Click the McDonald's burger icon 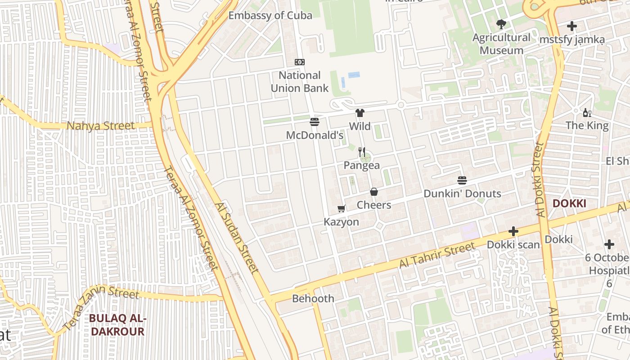pyautogui.click(x=315, y=122)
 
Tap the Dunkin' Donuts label pyautogui.click(x=462, y=194)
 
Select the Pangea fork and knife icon pyautogui.click(x=362, y=152)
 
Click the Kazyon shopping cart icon pyautogui.click(x=342, y=208)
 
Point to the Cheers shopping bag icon pyautogui.click(x=373, y=192)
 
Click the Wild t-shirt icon pyautogui.click(x=360, y=113)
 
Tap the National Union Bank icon pyautogui.click(x=299, y=62)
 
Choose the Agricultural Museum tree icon pyautogui.click(x=501, y=24)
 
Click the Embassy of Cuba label pyautogui.click(x=270, y=15)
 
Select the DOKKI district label pyautogui.click(x=569, y=203)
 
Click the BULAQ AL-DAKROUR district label pyautogui.click(x=117, y=325)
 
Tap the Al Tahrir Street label pyautogui.click(x=437, y=255)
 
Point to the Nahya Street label pyautogui.click(x=100, y=126)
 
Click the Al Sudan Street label pyautogui.click(x=237, y=238)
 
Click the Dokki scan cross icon pyautogui.click(x=513, y=232)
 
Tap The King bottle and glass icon pyautogui.click(x=587, y=112)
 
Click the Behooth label pyautogui.click(x=313, y=299)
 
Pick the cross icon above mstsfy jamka pyautogui.click(x=571, y=26)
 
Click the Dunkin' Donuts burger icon pyautogui.click(x=462, y=180)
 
